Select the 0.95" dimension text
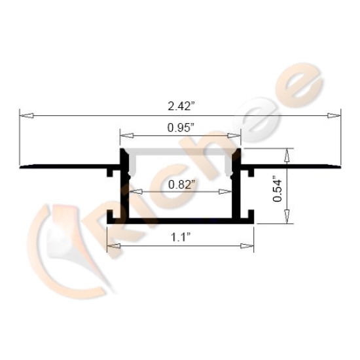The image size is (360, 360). pyautogui.click(x=180, y=129)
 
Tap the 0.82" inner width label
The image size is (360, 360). pyautogui.click(x=180, y=184)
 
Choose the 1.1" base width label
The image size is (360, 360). pyautogui.click(x=180, y=238)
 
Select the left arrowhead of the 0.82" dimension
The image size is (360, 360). pyautogui.click(x=134, y=192)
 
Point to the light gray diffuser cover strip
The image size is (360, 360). pyautogui.click(x=180, y=152)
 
